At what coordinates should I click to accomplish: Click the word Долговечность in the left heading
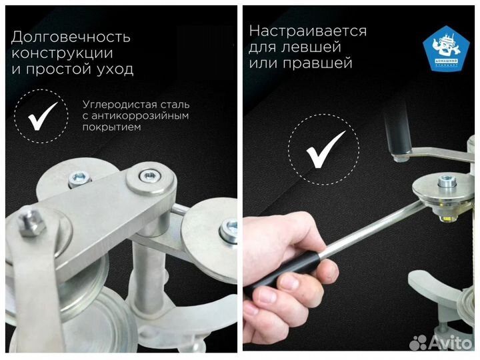coord(71,37)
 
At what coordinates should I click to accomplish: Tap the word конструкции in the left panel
coord(62,53)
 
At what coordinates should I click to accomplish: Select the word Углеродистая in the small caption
coord(117,105)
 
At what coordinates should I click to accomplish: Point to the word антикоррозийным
coord(142,116)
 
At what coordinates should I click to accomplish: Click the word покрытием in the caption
coord(111,127)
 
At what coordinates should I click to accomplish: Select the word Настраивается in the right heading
coord(307,31)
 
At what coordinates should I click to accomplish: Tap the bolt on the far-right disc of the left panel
coord(229,229)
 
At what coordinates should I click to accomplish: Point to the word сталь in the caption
coord(176,105)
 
